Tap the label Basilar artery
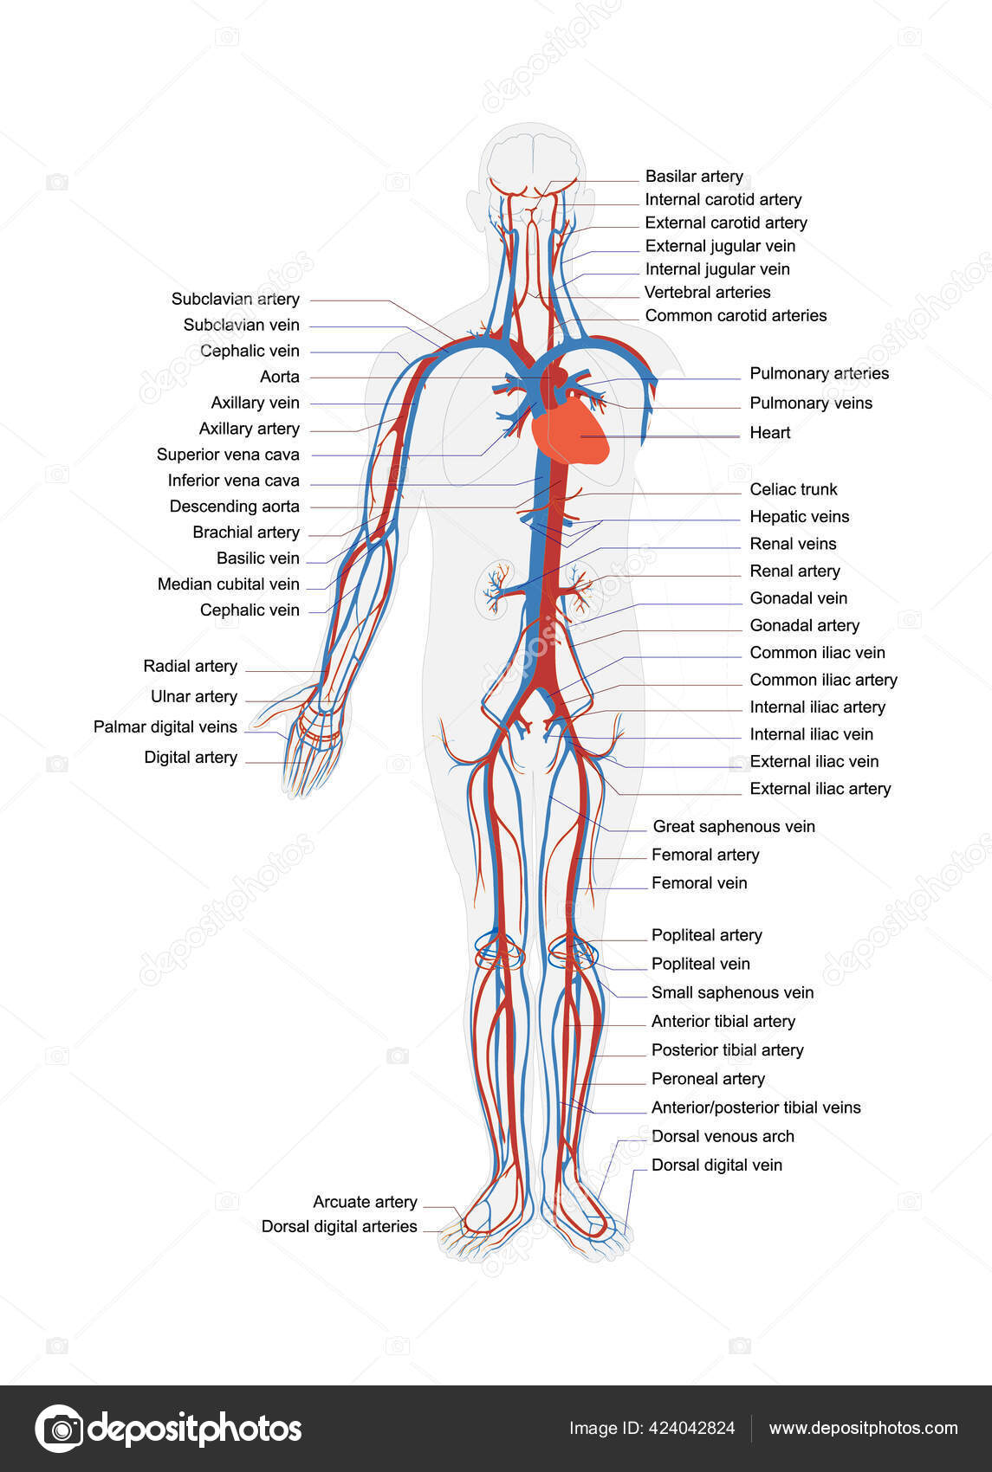[x=694, y=177]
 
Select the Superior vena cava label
[x=228, y=455]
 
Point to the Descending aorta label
[x=234, y=507]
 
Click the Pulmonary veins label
[x=811, y=403]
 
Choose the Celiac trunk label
[x=794, y=489]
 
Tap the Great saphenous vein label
[x=734, y=826]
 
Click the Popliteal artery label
[x=706, y=935]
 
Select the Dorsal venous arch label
[x=723, y=1136]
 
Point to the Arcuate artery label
[x=365, y=1202]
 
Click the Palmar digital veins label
[x=165, y=726]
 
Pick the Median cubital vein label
[x=228, y=584]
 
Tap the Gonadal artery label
[x=804, y=625]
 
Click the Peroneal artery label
[x=708, y=1079]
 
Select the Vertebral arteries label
[x=707, y=293]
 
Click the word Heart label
[x=769, y=433]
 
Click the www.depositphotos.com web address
[x=863, y=1428]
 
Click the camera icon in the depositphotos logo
[x=59, y=1428]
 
